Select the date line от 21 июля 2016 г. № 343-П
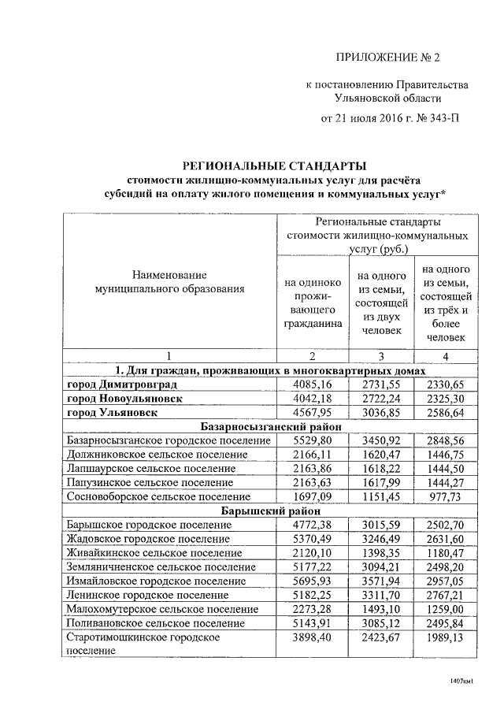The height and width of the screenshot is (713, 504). [x=389, y=119]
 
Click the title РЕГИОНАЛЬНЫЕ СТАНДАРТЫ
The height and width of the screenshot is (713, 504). [x=275, y=166]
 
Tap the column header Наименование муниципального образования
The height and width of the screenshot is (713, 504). [x=169, y=282]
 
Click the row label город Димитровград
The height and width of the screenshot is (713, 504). [x=121, y=384]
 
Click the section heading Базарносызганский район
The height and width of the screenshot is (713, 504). [x=275, y=426]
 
